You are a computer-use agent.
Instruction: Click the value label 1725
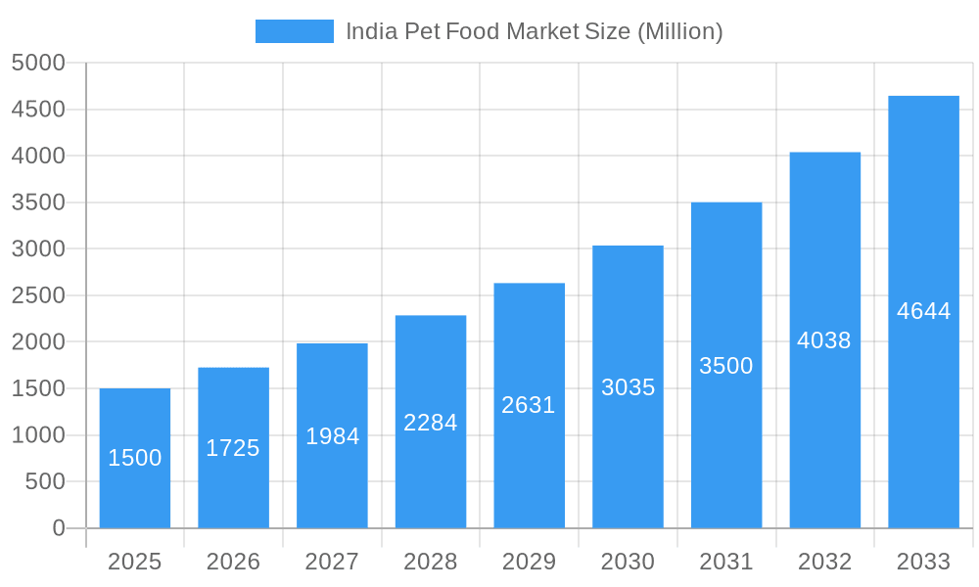(233, 448)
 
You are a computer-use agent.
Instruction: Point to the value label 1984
(333, 436)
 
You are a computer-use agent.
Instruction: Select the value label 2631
(529, 405)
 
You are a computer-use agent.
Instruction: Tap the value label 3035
(628, 387)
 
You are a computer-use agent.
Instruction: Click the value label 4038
(824, 340)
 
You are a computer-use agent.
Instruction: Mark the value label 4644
(923, 311)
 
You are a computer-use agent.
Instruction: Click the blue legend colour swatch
(294, 31)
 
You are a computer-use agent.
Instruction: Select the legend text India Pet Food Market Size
(535, 31)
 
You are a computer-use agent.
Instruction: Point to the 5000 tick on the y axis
(38, 63)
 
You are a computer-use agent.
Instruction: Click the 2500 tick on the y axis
(38, 295)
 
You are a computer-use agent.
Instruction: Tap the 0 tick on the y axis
(58, 528)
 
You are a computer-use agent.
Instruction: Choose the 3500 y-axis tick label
(38, 203)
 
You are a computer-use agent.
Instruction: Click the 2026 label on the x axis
(233, 562)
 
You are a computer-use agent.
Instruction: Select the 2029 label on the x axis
(529, 562)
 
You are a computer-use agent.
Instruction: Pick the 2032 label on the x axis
(824, 562)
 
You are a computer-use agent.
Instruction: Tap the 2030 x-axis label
(628, 562)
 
